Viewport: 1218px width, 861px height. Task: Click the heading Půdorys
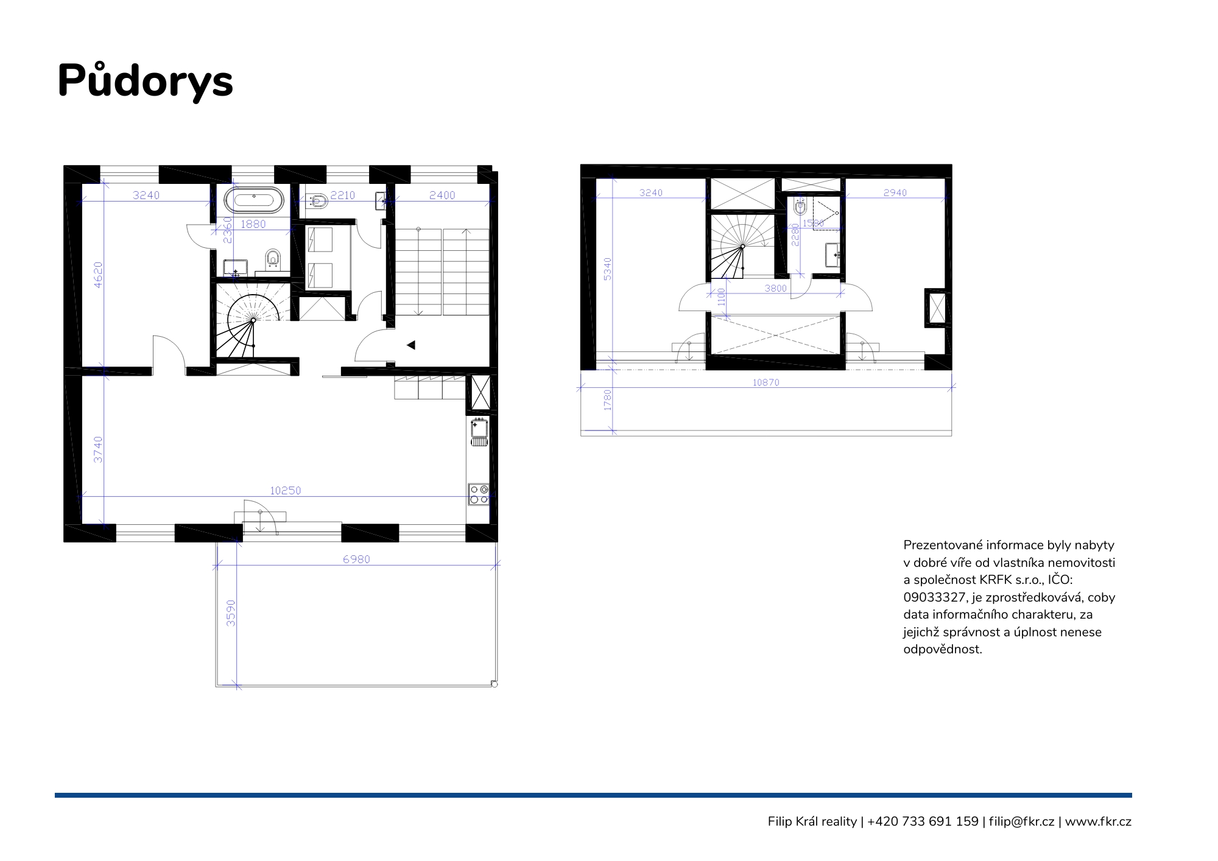coord(146,80)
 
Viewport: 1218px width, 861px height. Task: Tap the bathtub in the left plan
coord(254,200)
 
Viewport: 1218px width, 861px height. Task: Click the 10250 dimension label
coord(286,490)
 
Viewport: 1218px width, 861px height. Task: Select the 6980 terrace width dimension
coord(356,559)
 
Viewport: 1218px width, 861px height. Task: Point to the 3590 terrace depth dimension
coord(231,613)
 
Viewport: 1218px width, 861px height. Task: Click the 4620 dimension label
coord(98,275)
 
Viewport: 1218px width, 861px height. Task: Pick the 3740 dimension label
coord(98,449)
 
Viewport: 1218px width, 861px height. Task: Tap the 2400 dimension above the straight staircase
coord(442,195)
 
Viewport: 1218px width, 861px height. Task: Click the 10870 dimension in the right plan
coord(766,382)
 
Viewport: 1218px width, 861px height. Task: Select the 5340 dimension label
coord(607,269)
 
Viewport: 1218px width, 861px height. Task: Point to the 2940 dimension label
coord(895,192)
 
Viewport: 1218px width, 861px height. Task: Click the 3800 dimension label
coord(776,288)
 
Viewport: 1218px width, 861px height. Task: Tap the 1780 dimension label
coord(607,400)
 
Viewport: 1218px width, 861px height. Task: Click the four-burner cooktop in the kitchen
coord(479,494)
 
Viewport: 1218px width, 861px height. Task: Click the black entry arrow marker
coord(411,345)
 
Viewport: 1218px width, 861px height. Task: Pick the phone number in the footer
coord(923,821)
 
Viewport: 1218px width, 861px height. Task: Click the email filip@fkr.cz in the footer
coord(1021,821)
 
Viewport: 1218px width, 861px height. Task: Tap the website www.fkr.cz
coord(1098,821)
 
